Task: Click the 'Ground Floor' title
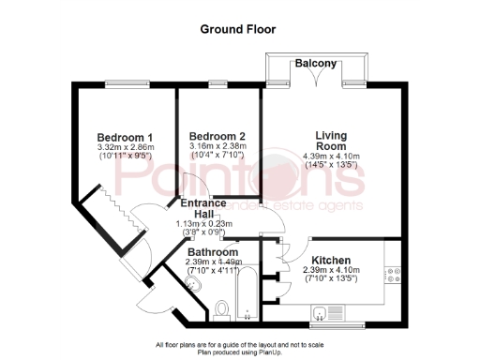coord(238,29)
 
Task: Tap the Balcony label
coord(316,63)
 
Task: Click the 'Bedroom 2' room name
coord(216,135)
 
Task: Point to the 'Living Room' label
coord(331,141)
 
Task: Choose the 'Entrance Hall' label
coord(203,208)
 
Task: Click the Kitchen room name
coord(332,260)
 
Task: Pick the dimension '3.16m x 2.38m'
coord(216,146)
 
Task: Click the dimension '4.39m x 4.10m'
coord(331,157)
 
